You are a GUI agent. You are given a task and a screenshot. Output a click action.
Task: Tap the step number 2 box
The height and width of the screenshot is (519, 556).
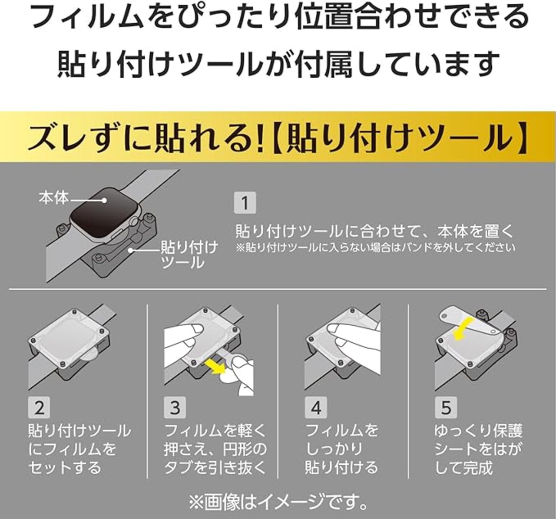[x=39, y=407]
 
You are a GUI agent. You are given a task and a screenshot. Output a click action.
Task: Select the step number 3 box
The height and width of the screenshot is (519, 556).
[x=175, y=407]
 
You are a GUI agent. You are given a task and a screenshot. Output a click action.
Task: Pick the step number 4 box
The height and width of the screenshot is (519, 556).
[x=316, y=407]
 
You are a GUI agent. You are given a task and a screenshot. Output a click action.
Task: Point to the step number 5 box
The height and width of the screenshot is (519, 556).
[x=446, y=407]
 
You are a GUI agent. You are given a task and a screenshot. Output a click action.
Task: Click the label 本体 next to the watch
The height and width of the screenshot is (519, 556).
[x=54, y=198]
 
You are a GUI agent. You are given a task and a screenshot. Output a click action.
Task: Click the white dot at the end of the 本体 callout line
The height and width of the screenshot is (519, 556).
[x=104, y=200]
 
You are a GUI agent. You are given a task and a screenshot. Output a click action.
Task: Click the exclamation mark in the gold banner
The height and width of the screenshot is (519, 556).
[x=260, y=137]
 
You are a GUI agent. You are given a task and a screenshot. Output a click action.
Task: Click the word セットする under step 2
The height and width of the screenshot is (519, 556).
[x=65, y=467]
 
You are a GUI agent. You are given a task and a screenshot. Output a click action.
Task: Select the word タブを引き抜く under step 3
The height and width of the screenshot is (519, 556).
[x=215, y=467]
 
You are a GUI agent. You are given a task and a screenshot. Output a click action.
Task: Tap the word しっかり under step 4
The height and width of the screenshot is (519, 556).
[x=334, y=449]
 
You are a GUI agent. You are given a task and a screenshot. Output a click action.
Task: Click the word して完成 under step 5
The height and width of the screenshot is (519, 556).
[x=463, y=467]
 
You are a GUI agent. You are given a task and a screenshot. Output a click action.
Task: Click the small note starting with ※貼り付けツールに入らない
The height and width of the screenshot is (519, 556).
[x=375, y=248]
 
